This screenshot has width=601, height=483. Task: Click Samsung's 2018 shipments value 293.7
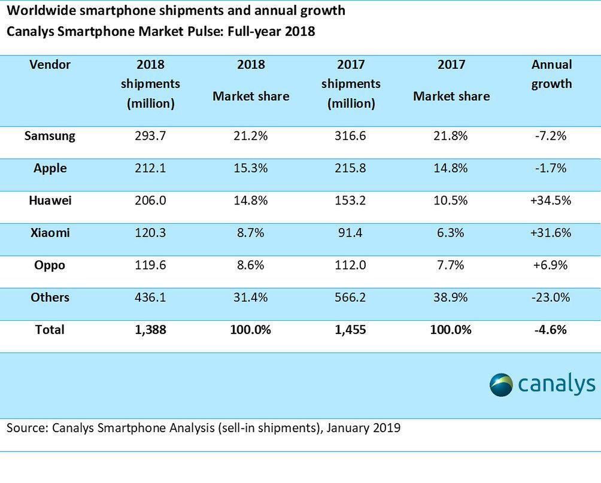click(150, 136)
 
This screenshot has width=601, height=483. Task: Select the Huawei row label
click(50, 201)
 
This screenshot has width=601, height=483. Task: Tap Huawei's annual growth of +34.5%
click(551, 201)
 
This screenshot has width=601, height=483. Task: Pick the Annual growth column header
click(551, 74)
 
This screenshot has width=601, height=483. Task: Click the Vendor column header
click(50, 65)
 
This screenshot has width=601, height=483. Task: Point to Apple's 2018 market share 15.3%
click(251, 168)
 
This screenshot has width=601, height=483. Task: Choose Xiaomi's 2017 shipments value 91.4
click(351, 233)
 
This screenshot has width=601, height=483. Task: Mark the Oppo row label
click(50, 265)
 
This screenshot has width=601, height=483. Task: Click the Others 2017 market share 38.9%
click(451, 297)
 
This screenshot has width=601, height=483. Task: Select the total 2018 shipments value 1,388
click(150, 330)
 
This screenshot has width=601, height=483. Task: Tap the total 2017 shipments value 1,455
click(351, 330)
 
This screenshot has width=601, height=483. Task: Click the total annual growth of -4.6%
click(551, 330)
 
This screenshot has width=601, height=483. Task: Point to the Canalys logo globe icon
click(501, 384)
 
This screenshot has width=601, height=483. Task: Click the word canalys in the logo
click(556, 385)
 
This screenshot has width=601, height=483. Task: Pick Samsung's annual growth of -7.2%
click(551, 136)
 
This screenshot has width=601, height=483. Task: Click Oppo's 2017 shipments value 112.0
click(351, 265)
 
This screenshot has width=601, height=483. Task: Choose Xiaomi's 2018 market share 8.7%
click(251, 233)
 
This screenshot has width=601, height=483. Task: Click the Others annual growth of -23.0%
click(551, 297)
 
